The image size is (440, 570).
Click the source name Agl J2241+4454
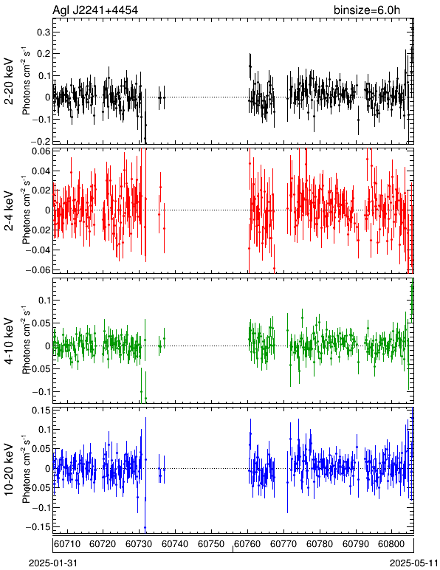coord(95,10)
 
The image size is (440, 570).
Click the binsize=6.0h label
coord(367,10)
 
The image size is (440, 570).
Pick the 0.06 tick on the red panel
coord(40,151)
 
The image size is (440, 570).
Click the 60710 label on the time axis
coord(67,544)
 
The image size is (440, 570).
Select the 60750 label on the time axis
coord(211,544)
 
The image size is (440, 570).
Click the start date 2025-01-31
coord(53,563)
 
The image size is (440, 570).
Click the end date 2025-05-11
coord(414,563)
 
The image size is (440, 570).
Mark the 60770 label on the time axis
coord(283,544)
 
